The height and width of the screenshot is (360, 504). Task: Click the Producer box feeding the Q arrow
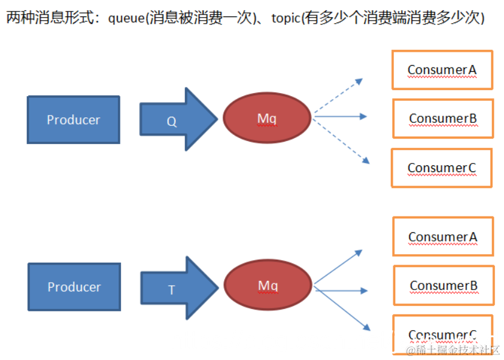[74, 120]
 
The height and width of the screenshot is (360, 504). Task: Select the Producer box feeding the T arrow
[74, 287]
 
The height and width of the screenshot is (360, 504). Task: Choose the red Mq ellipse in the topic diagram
[268, 286]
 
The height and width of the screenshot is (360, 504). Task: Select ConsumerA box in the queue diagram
[442, 70]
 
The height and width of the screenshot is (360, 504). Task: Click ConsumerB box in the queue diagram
[443, 119]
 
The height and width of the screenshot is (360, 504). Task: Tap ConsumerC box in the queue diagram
[441, 168]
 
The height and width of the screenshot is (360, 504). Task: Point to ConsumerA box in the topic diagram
[443, 237]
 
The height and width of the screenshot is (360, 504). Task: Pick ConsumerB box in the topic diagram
[443, 285]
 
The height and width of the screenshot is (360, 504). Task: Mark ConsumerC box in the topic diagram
[443, 333]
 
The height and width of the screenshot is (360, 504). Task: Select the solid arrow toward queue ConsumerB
[340, 116]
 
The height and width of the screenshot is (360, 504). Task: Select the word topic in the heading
[286, 18]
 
